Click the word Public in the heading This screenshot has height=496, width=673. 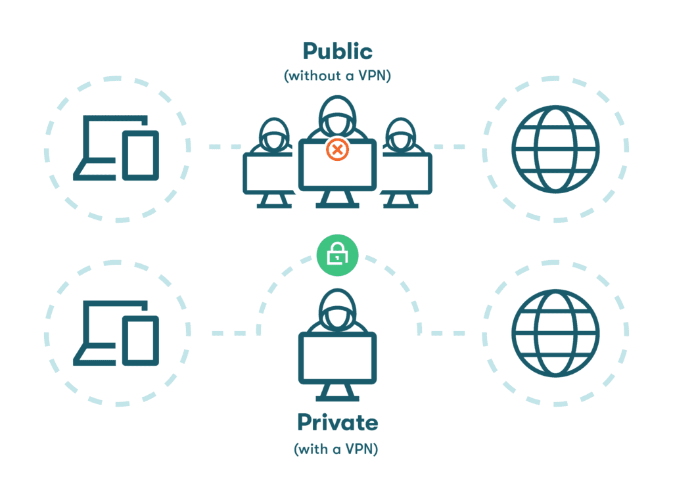(x=337, y=51)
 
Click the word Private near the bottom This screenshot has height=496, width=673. (x=337, y=422)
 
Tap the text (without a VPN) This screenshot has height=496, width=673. (x=337, y=76)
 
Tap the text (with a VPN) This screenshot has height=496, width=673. (x=336, y=449)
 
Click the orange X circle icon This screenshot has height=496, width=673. (x=337, y=150)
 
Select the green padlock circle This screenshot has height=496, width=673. (x=337, y=256)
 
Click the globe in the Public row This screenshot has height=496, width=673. (x=555, y=149)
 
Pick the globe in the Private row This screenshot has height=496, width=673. (x=555, y=333)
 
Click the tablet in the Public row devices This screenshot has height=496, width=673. (x=141, y=155)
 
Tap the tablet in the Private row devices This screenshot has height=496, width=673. (x=141, y=341)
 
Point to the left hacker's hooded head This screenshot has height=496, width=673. (x=274, y=134)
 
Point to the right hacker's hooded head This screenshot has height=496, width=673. (x=400, y=134)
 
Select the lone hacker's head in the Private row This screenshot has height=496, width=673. (x=337, y=309)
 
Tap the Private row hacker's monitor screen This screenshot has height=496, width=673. (x=337, y=358)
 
